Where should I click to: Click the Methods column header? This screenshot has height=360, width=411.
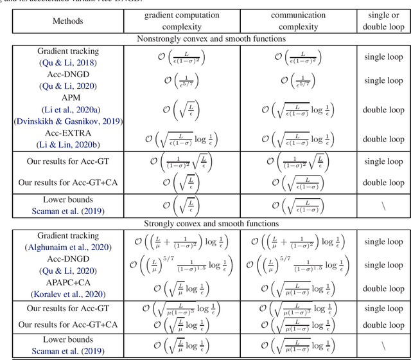click(67, 21)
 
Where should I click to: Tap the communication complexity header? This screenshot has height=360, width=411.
click(297, 21)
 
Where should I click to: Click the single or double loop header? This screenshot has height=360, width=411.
click(383, 21)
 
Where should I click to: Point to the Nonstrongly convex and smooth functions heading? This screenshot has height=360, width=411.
click(212, 39)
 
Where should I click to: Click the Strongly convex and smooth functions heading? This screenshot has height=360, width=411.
click(212, 224)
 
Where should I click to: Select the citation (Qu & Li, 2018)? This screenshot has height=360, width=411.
click(67, 63)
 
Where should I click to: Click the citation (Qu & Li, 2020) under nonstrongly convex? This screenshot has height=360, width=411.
click(67, 86)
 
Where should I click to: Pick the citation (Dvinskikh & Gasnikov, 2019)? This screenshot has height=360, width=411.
click(67, 121)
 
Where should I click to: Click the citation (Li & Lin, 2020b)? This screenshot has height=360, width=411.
click(67, 143)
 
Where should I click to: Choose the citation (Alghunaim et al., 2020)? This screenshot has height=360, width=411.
click(67, 248)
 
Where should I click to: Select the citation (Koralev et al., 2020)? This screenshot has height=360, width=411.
click(67, 293)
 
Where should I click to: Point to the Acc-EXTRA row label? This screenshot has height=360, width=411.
click(67, 132)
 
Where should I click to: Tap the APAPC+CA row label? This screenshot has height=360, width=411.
click(67, 282)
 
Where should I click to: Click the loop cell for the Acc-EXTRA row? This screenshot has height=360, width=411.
click(383, 138)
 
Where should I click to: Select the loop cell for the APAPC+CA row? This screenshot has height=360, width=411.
click(383, 287)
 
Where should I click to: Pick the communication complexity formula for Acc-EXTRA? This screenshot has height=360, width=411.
click(297, 138)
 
